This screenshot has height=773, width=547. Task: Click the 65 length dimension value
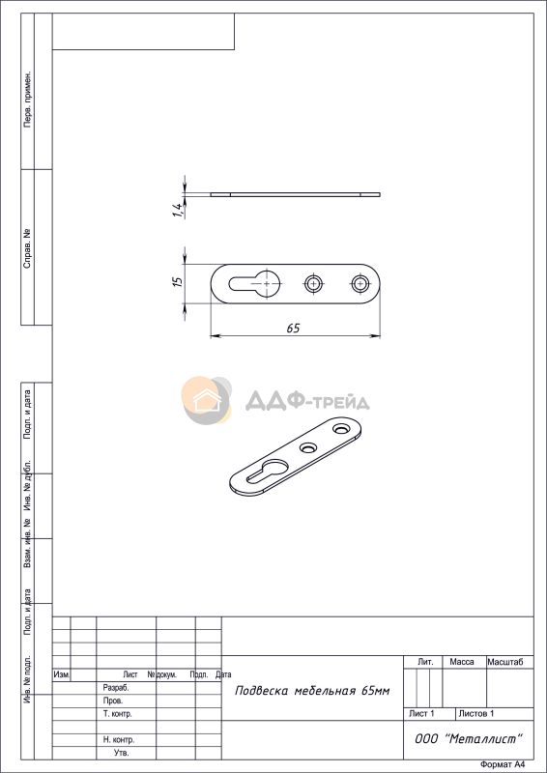coord(293,329)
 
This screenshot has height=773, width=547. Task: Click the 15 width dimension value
coord(179,281)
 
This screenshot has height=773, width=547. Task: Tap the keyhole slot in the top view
coord(254,284)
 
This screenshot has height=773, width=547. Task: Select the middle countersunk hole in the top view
coord(313,283)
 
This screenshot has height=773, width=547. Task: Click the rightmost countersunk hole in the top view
coord(360,283)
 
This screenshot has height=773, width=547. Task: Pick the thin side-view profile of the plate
coord(296,194)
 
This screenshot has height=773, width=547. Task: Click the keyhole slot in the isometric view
coord(268,471)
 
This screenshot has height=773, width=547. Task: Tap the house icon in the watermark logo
coord(206,400)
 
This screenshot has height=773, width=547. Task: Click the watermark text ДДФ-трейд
coord(307,401)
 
